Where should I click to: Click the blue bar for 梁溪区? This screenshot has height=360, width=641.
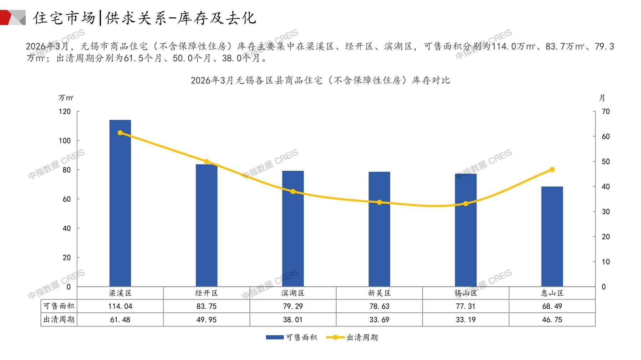click(120, 203)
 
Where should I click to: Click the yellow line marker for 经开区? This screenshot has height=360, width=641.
click(207, 162)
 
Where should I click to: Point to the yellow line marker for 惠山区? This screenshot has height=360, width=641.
click(552, 170)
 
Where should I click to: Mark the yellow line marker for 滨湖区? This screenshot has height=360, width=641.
click(293, 191)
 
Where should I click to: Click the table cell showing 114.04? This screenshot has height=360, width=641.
click(120, 306)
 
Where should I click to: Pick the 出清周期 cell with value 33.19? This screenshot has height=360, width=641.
click(466, 320)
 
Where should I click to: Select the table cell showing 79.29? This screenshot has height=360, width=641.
click(293, 306)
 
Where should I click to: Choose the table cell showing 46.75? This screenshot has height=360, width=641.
click(552, 320)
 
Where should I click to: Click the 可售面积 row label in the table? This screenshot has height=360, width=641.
click(59, 306)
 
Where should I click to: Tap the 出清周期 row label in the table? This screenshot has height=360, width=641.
click(59, 320)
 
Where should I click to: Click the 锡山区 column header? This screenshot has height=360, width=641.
click(466, 293)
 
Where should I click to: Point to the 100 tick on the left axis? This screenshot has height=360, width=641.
click(65, 141)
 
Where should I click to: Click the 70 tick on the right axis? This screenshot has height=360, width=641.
click(606, 112)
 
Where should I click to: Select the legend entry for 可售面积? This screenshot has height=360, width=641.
click(291, 337)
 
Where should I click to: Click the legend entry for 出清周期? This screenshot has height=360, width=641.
click(352, 337)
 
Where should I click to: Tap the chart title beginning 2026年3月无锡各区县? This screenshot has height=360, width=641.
click(320, 81)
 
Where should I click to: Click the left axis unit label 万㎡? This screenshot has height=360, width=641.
click(66, 98)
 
